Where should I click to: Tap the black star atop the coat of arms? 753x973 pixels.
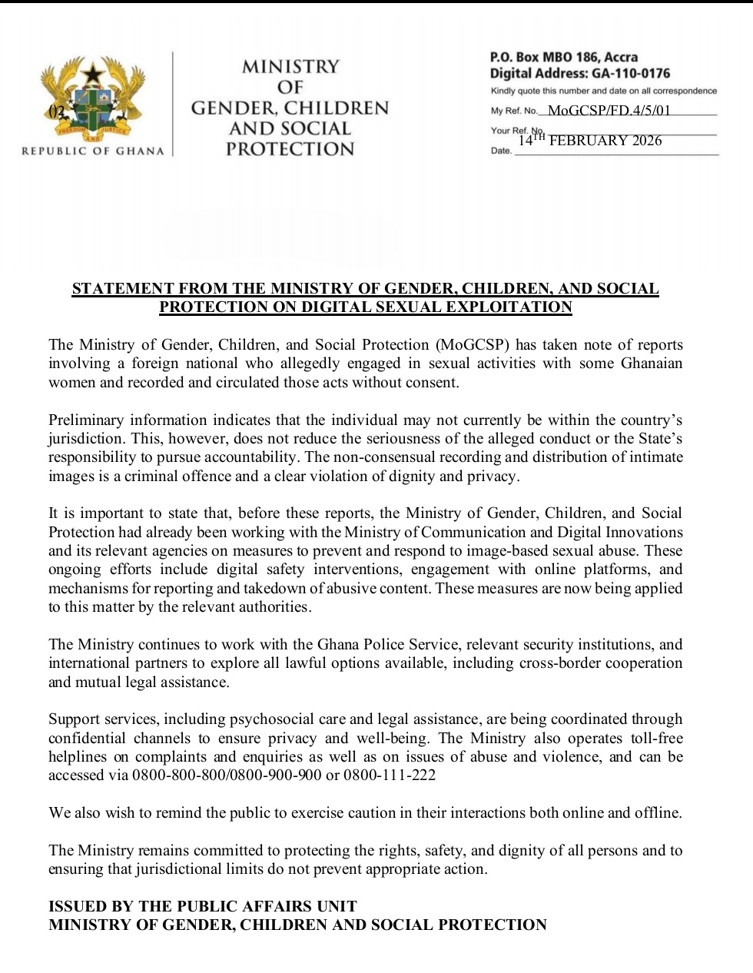(93, 75)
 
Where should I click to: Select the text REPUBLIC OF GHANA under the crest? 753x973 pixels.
(93, 151)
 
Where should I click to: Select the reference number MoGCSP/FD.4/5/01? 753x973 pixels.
(609, 111)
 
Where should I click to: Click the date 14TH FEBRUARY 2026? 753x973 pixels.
(589, 140)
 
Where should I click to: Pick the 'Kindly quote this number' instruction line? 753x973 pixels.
(603, 91)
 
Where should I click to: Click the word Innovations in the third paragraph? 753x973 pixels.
(641, 532)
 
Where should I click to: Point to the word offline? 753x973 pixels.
(654, 813)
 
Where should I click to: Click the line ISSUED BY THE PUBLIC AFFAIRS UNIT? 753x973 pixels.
(203, 906)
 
